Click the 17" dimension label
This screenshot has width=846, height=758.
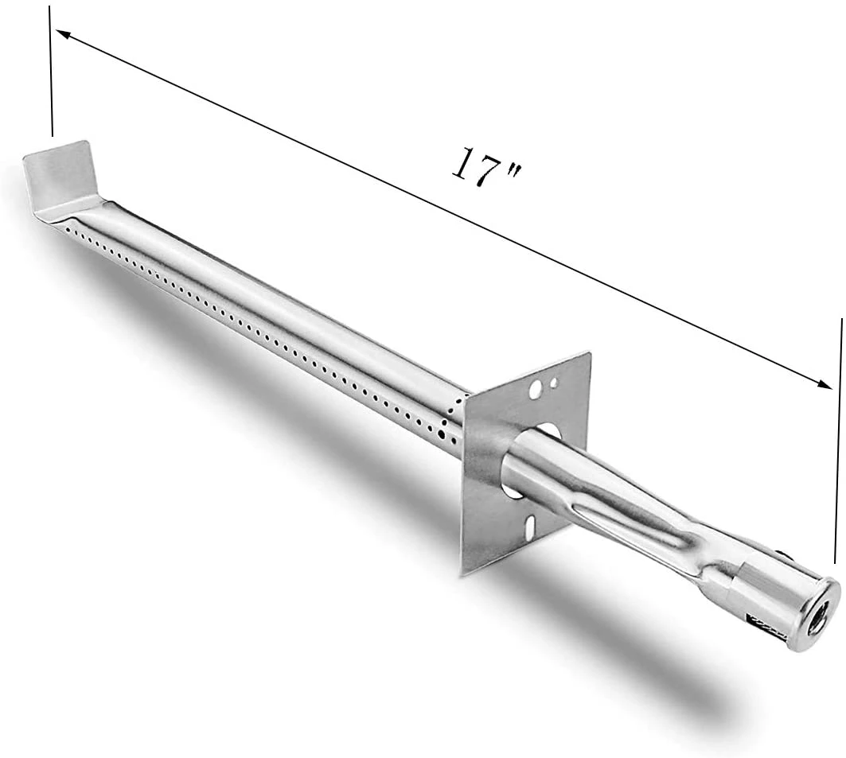[486, 168]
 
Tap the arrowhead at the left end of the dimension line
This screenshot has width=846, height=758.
[64, 35]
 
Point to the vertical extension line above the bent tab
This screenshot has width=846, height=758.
[51, 71]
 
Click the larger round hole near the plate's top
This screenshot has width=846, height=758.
[536, 390]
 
